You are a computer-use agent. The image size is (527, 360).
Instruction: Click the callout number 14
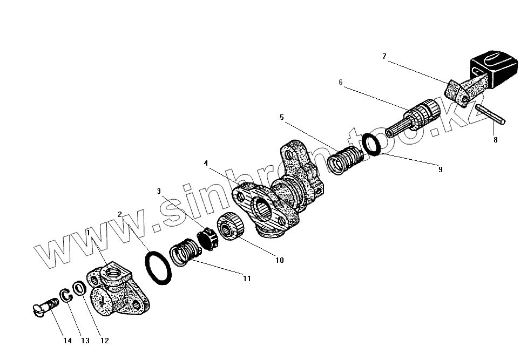(67, 341)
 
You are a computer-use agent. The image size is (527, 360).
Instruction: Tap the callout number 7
(384, 56)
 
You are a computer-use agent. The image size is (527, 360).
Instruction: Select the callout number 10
(279, 260)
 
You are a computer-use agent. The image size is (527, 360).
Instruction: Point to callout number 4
(206, 162)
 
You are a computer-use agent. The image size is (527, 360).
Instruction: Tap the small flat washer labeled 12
(79, 288)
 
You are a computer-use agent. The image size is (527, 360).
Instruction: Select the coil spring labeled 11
(185, 252)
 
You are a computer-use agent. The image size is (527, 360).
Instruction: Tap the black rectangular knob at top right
(491, 69)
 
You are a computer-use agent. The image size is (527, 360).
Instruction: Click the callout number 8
(495, 140)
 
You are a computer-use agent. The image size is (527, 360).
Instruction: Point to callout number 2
(120, 214)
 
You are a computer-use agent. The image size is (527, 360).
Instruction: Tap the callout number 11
(247, 279)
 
